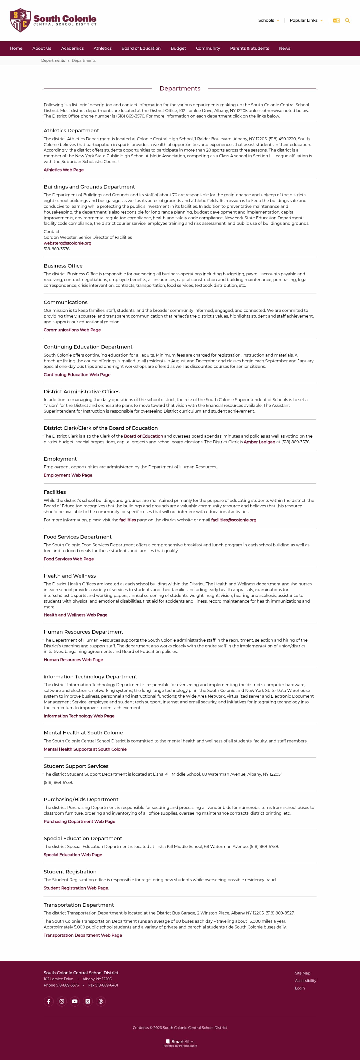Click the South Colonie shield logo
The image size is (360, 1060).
20,20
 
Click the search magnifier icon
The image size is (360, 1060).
347,21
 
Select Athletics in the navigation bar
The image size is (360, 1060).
102,49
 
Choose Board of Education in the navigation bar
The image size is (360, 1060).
141,49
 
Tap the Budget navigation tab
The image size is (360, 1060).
178,49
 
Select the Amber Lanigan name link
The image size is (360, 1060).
259,442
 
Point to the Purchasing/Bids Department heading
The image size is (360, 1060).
81,799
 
